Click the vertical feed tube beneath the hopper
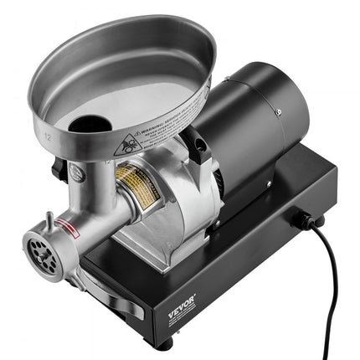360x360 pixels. tap(92, 180)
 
